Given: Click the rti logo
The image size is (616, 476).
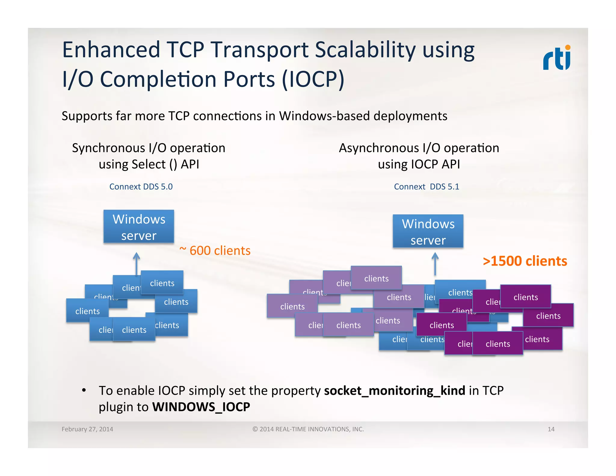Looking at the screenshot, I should coord(556,58).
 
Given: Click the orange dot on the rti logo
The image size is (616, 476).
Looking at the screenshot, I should coord(568,48).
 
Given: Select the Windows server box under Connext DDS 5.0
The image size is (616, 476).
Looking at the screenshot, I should coord(139,227).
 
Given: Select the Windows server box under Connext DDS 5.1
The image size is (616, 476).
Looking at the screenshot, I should coord(428,231).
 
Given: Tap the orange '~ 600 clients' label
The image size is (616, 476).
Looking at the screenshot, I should coord(215,251).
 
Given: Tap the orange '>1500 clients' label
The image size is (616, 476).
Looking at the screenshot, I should coord(525,261).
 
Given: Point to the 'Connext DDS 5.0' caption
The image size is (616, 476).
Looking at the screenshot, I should coord(141,187).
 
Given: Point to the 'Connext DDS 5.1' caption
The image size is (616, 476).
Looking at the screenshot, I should coord(426,187).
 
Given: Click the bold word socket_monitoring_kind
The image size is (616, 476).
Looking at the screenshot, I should coord(394,391).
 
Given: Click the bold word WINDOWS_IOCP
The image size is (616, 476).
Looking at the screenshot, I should coord(201,407).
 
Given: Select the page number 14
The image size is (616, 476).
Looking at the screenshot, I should coord(551,429).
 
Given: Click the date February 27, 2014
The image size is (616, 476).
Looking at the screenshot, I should coord(87,429).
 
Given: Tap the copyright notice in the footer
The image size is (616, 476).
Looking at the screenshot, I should coord(308,429).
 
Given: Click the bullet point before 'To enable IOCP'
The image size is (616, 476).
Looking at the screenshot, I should coord(84,391).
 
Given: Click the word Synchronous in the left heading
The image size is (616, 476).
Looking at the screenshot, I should coord(108,148).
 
